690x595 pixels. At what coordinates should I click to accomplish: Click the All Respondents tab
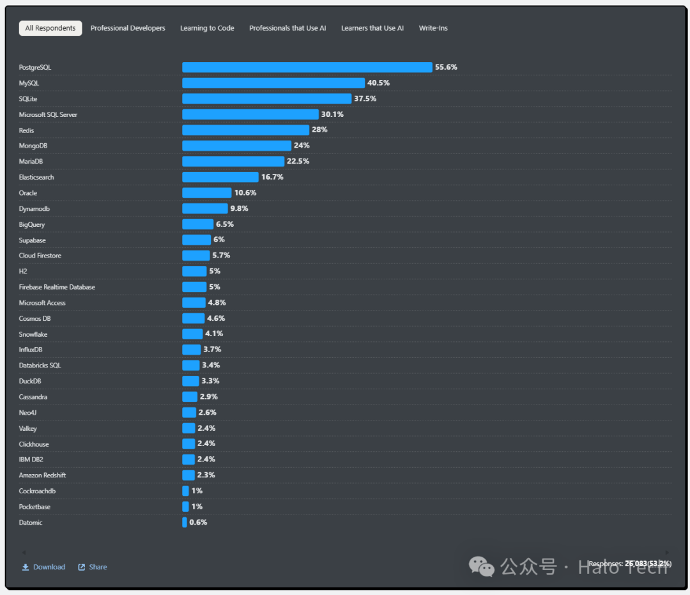[x=50, y=28]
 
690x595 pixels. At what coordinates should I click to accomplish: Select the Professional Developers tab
[x=128, y=28]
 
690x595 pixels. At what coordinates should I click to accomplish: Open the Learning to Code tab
[x=207, y=28]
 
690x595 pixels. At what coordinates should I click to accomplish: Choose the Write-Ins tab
[x=433, y=28]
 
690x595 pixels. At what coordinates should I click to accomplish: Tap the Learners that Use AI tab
[x=372, y=28]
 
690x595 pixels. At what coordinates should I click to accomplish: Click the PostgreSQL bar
[x=307, y=67]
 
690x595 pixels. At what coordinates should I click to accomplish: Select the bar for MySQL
[x=273, y=83]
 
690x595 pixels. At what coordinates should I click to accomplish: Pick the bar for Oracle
[x=206, y=193]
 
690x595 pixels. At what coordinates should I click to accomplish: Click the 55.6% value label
[x=446, y=67]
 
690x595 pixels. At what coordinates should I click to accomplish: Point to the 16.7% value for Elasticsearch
[x=272, y=177]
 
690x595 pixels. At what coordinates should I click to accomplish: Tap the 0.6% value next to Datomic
[x=198, y=522]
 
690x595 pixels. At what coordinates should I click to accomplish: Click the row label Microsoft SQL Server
[x=48, y=114]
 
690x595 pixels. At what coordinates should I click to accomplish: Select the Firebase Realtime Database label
[x=57, y=287]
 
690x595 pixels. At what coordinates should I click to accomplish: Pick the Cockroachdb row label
[x=38, y=491]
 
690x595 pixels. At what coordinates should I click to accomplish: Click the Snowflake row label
[x=33, y=334]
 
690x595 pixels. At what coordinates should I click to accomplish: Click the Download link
[x=49, y=567]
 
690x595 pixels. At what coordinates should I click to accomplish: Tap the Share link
[x=98, y=567]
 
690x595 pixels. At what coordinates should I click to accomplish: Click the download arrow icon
[x=26, y=567]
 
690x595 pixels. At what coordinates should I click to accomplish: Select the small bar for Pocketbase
[x=185, y=507]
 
